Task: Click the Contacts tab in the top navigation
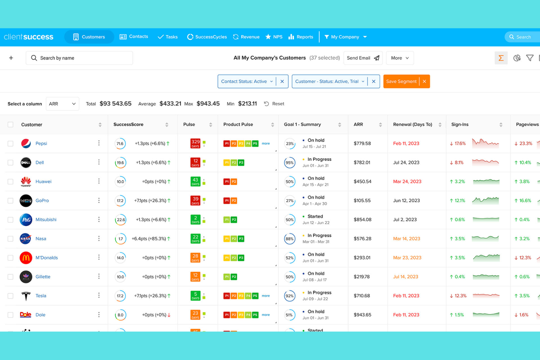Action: click(x=134, y=37)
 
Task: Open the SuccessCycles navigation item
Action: click(x=207, y=37)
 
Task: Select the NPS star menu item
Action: click(x=274, y=37)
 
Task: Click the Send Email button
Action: click(x=363, y=58)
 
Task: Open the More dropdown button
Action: click(x=400, y=58)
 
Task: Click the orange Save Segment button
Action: click(x=401, y=81)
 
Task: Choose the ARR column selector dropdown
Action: click(x=62, y=104)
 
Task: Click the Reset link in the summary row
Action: click(x=274, y=104)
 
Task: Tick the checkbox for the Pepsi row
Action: click(x=11, y=144)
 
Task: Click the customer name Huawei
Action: click(x=43, y=182)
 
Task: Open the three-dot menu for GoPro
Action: click(x=99, y=200)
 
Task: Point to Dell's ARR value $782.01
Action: click(x=362, y=163)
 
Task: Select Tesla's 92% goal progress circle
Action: click(x=290, y=296)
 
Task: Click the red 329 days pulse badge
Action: click(x=195, y=143)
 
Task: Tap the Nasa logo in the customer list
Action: click(x=26, y=239)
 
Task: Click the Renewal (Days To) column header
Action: click(x=412, y=125)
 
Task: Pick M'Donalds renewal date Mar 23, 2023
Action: click(x=407, y=258)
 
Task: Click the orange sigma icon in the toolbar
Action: click(x=501, y=58)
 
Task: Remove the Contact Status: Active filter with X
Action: click(x=282, y=81)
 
